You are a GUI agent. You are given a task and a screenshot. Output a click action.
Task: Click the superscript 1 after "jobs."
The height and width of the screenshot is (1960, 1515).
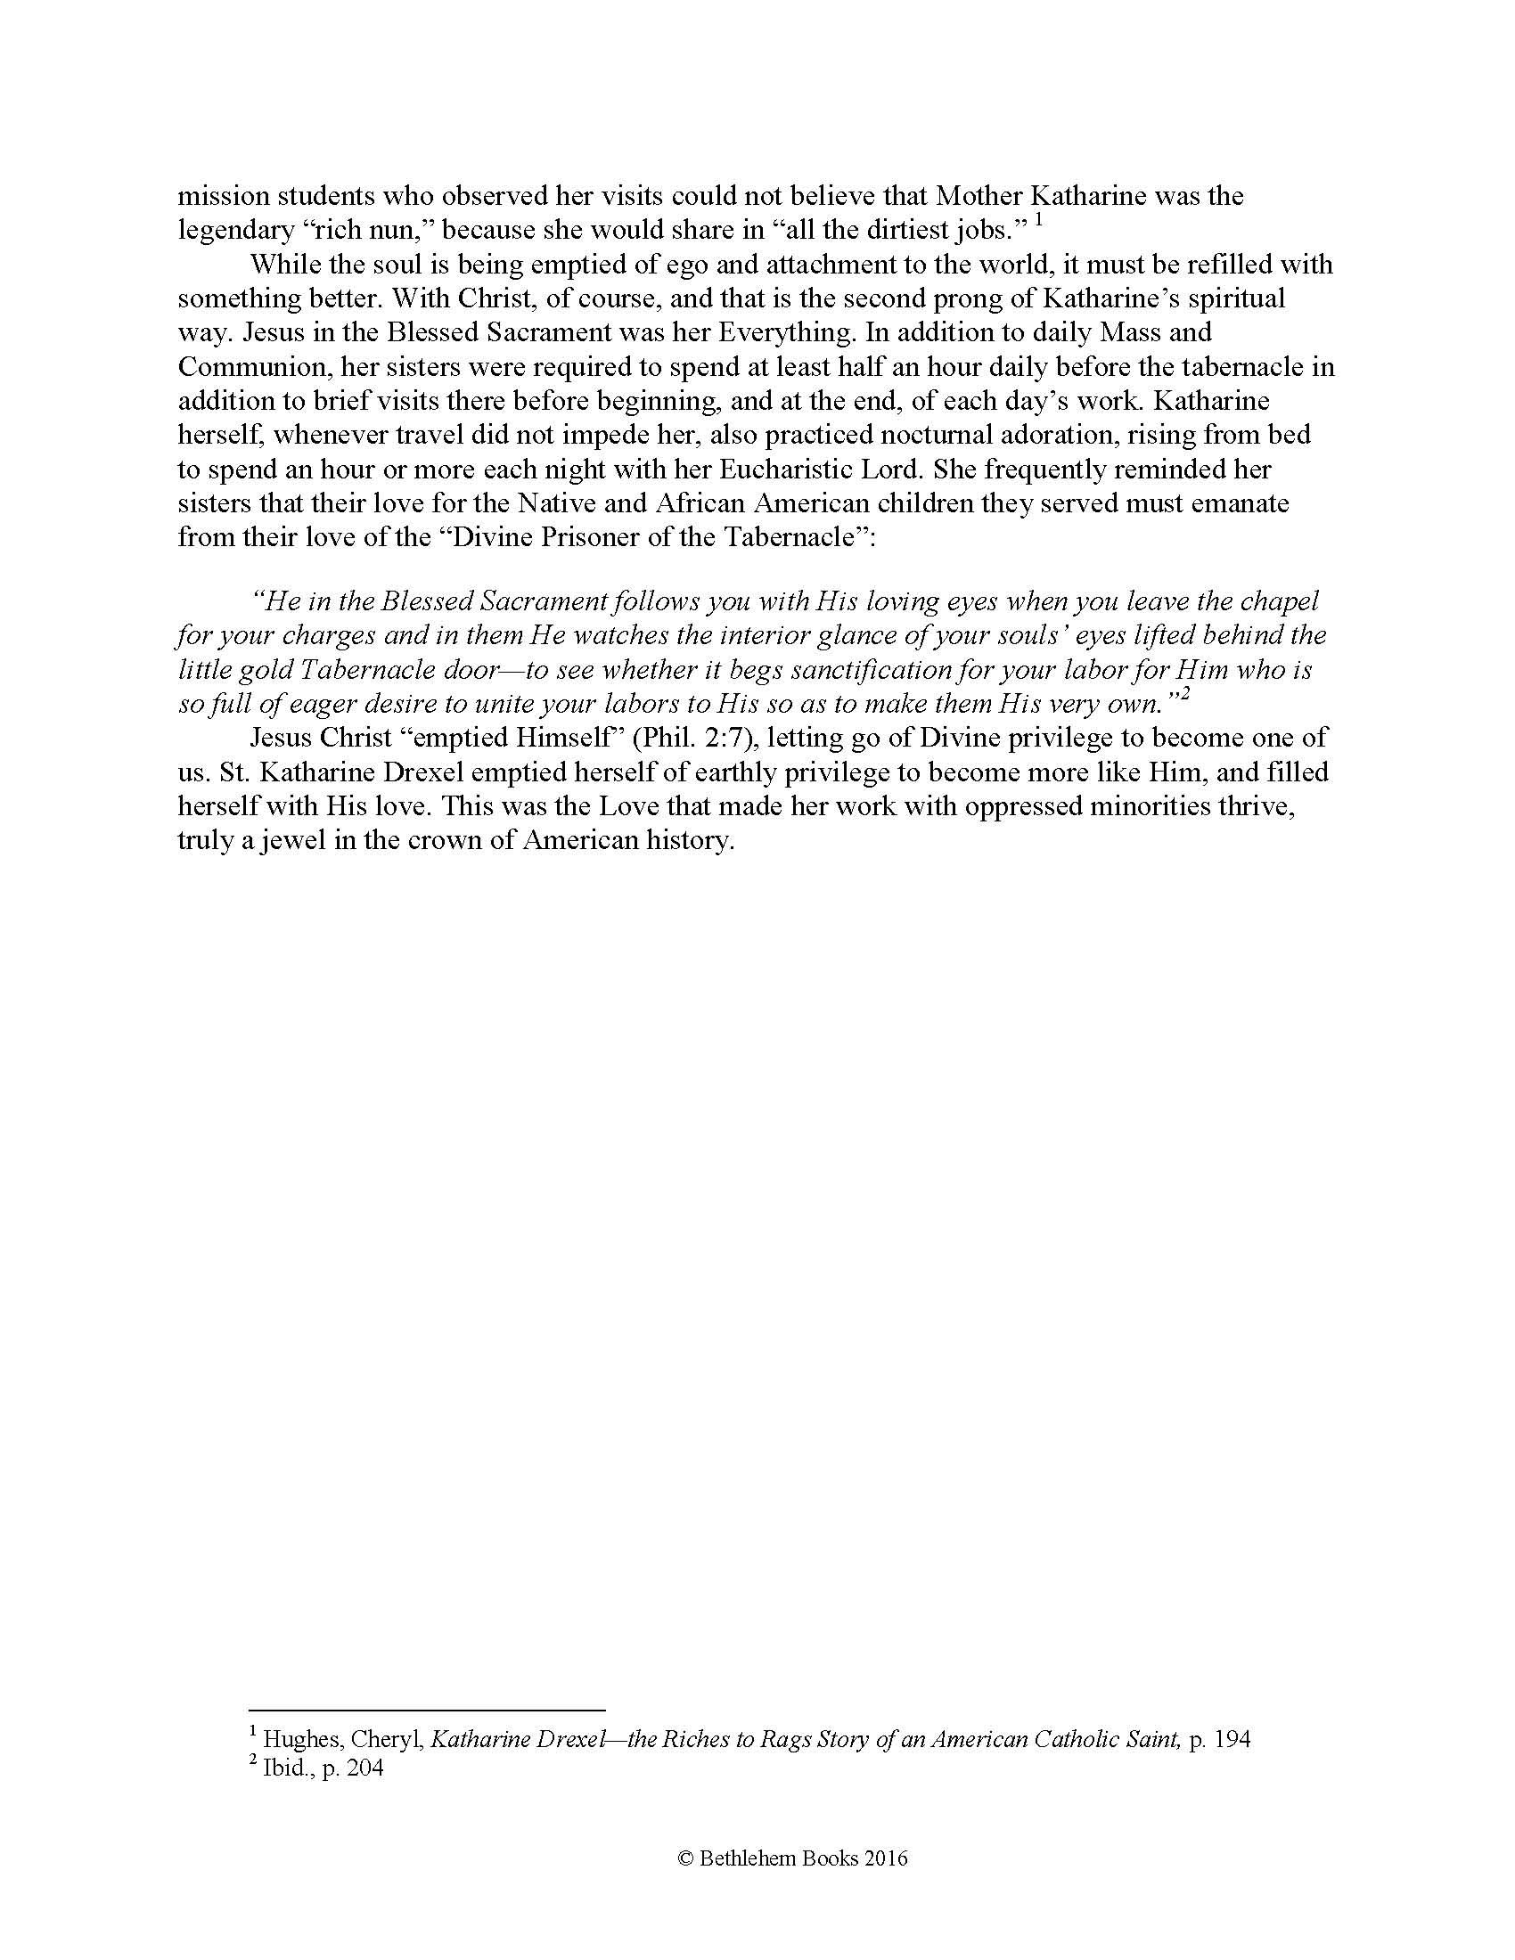(x=1038, y=220)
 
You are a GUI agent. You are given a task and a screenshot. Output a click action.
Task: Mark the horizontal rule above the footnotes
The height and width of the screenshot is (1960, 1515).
(x=427, y=1711)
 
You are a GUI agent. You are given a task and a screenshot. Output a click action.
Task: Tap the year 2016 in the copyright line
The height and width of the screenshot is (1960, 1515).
(x=886, y=1858)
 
